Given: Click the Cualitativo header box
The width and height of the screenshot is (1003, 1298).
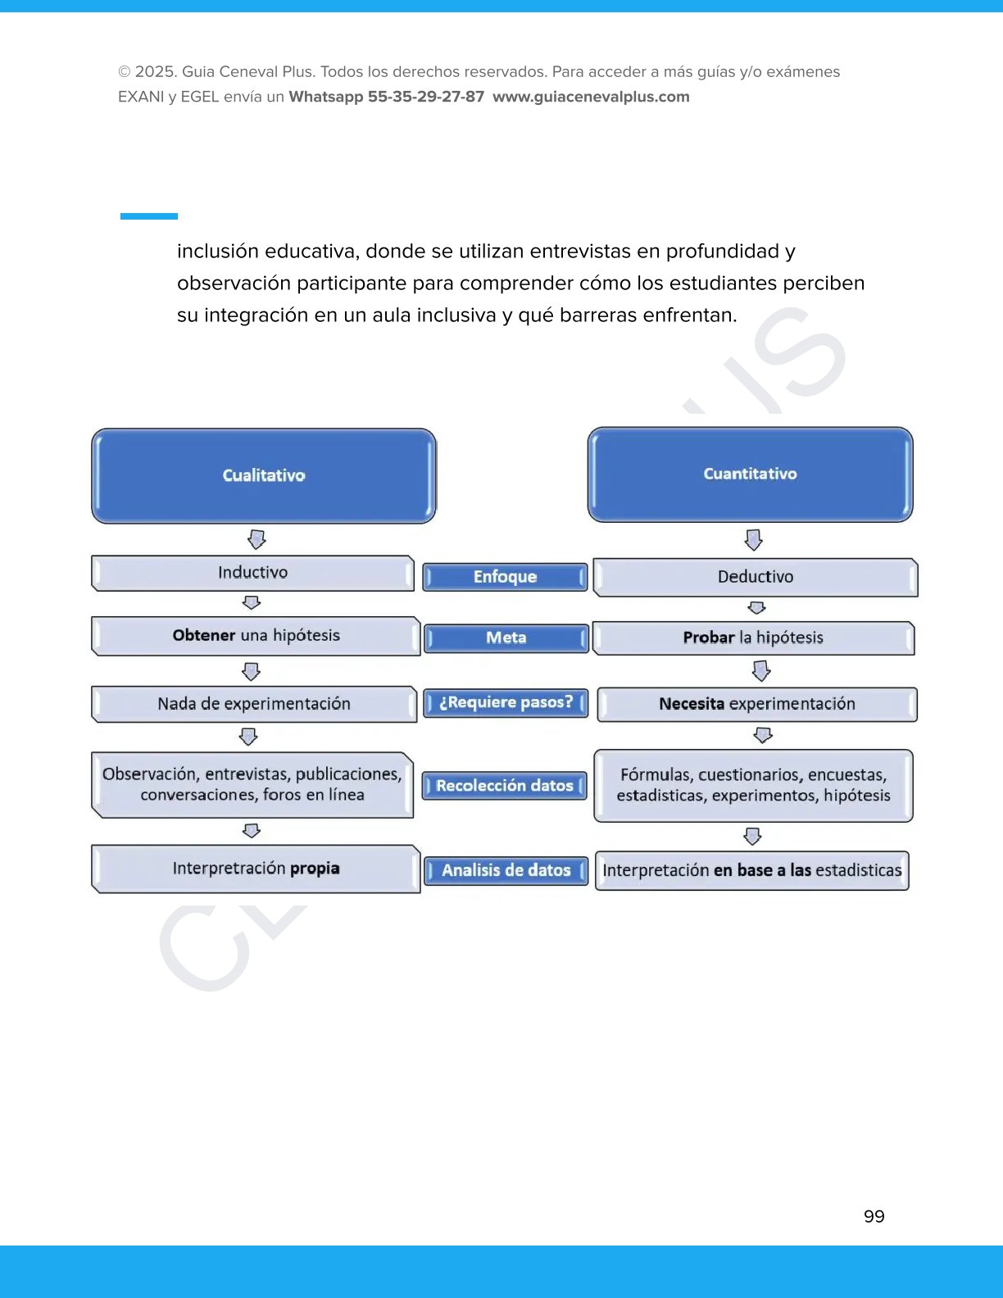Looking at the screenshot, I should pyautogui.click(x=263, y=475).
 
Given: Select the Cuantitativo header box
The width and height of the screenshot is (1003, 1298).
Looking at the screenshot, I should pyautogui.click(x=750, y=474).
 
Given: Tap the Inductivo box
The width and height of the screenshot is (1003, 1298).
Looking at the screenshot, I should pyautogui.click(x=252, y=573).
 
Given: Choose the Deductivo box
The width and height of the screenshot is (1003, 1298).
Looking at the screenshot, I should pyautogui.click(x=755, y=577).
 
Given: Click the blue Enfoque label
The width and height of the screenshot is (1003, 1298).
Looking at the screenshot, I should pyautogui.click(x=505, y=577).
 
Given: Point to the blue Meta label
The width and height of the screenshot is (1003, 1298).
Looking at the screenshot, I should pyautogui.click(x=506, y=638).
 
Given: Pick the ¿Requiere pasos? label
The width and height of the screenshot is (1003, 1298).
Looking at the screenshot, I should pyautogui.click(x=506, y=702).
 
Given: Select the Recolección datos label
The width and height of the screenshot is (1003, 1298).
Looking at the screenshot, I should pyautogui.click(x=504, y=786).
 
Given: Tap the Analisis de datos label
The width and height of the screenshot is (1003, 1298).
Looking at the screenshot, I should pyautogui.click(x=506, y=870).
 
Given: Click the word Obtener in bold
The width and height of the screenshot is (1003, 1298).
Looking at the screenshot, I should pyautogui.click(x=204, y=635).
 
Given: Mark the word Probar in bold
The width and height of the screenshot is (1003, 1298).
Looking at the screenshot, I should pyautogui.click(x=709, y=638).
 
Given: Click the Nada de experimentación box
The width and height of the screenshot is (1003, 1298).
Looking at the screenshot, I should pyautogui.click(x=254, y=704).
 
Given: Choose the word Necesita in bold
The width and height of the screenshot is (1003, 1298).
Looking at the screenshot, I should pyautogui.click(x=692, y=704).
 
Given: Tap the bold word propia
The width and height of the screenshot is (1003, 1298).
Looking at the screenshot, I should pyautogui.click(x=315, y=869).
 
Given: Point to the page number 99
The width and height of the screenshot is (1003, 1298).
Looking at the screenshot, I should pyautogui.click(x=874, y=1217).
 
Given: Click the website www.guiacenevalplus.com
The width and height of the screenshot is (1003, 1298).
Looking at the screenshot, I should pyautogui.click(x=591, y=97).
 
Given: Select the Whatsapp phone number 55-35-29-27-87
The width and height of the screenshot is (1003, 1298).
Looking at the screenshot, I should pyautogui.click(x=426, y=97).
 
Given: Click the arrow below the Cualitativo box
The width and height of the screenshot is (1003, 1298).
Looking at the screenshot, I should pyautogui.click(x=256, y=539).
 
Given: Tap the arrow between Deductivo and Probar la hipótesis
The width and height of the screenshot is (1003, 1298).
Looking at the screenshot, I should pyautogui.click(x=756, y=607).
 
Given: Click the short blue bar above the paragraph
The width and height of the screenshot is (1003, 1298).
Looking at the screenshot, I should pyautogui.click(x=149, y=216).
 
